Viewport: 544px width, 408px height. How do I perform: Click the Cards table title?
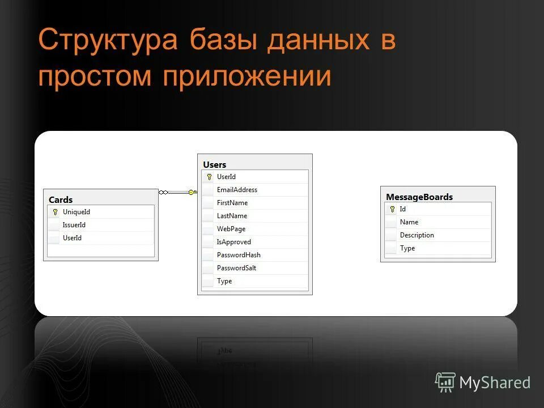point(61,199)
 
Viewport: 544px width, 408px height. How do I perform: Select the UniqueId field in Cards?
point(76,212)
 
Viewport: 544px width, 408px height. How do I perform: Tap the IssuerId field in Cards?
point(74,225)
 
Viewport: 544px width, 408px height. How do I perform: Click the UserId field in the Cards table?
point(72,238)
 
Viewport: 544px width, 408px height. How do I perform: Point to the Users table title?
point(215,164)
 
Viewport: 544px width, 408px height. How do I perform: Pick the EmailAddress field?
point(237,190)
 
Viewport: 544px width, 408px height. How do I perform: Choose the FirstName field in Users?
point(232,203)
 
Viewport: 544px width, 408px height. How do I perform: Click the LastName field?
point(232,216)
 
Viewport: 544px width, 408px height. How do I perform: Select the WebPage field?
point(231,229)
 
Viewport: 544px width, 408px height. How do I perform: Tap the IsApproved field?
point(234,242)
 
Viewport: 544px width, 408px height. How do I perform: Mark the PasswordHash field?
point(239,255)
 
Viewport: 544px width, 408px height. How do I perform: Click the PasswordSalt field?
point(236,268)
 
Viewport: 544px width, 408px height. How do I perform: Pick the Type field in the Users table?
point(224,281)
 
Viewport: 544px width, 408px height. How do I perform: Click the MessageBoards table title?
point(419,197)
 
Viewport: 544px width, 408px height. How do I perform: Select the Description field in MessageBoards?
point(417,235)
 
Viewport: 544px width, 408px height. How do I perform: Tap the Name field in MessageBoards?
point(409,222)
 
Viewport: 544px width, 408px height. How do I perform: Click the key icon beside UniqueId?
point(55,212)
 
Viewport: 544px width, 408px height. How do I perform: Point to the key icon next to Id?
point(392,209)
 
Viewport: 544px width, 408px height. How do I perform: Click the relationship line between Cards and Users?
point(178,193)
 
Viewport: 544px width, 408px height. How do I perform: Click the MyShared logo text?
point(494,382)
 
